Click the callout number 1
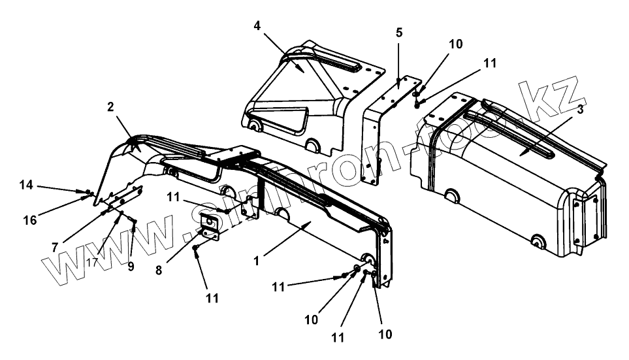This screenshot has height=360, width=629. pos(257,260)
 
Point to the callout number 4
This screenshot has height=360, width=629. pos(257,26)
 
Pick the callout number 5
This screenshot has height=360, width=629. pos(399,32)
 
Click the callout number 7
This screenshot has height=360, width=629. pos(56,247)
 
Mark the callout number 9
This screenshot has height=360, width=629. pos(131,267)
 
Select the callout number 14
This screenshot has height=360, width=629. pos(25,186)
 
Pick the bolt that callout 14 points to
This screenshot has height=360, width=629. pos(88,192)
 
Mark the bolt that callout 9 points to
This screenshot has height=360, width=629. pos(133,222)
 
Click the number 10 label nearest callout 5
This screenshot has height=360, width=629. pos(455,44)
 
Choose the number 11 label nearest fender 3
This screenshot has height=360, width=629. pos(491,63)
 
